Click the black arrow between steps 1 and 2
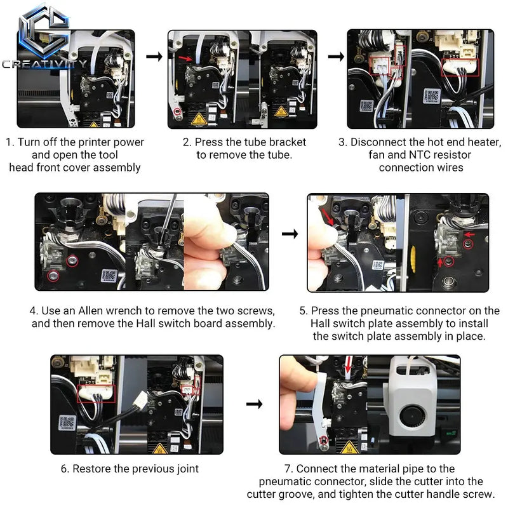(154, 57)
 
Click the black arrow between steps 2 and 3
(336, 57)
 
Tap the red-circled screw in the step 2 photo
(177, 112)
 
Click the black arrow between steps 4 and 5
(290, 234)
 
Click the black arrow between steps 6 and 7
(255, 404)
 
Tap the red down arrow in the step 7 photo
(348, 364)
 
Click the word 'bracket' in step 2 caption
(288, 142)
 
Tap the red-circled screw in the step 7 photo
(323, 440)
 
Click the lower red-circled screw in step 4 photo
(53, 276)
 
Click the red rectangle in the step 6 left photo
(97, 394)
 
